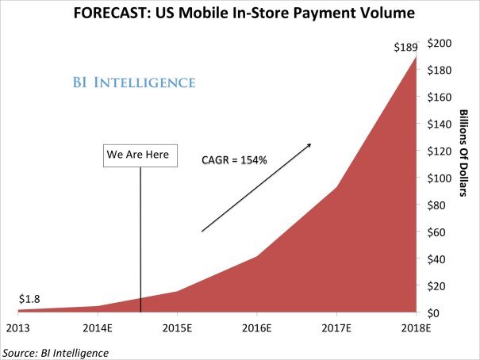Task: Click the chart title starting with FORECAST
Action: point(240,13)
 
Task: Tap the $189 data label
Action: point(405,47)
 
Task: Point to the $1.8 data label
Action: point(29,299)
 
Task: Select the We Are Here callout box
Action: point(137,155)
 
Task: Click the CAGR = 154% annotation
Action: point(233,160)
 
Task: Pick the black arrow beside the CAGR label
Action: point(255,187)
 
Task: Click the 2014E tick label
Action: point(96,327)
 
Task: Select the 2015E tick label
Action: point(176,327)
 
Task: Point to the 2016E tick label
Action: point(256,327)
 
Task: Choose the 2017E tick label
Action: point(336,327)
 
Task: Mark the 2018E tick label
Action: point(416,327)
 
